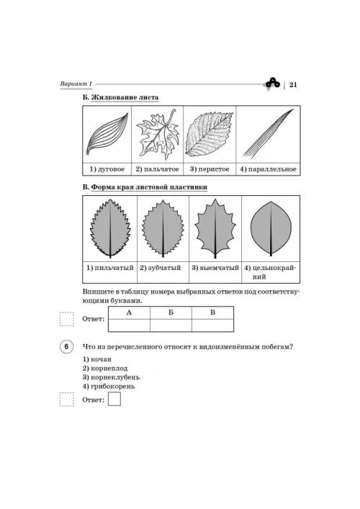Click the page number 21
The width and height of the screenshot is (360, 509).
[x=293, y=85]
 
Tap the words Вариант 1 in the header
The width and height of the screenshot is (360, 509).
[x=76, y=84]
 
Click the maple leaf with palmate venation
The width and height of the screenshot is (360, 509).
[x=158, y=134]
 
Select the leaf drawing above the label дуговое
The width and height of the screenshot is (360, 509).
[x=107, y=134]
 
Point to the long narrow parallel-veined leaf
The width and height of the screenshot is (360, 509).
[x=268, y=133]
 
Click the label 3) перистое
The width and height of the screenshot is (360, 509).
[x=210, y=169]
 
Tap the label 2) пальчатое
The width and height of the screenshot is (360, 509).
[x=158, y=169]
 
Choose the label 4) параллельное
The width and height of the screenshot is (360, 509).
[x=268, y=169]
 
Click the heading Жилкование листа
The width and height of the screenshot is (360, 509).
[x=125, y=97]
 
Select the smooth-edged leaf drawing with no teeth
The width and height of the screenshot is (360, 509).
[x=271, y=229]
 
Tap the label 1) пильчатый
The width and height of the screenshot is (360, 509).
[x=110, y=268]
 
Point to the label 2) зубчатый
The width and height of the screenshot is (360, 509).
[x=161, y=268]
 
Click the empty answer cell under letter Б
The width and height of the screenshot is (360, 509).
[x=171, y=325]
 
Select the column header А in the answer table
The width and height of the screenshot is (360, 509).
[x=129, y=312]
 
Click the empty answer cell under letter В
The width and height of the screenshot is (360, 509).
[x=212, y=325]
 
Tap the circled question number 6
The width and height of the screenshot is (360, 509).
[x=66, y=347]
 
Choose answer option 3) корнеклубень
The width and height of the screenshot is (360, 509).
[x=111, y=377]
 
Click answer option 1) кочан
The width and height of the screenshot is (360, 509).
[x=96, y=359]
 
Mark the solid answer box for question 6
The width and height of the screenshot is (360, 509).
[x=114, y=399]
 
